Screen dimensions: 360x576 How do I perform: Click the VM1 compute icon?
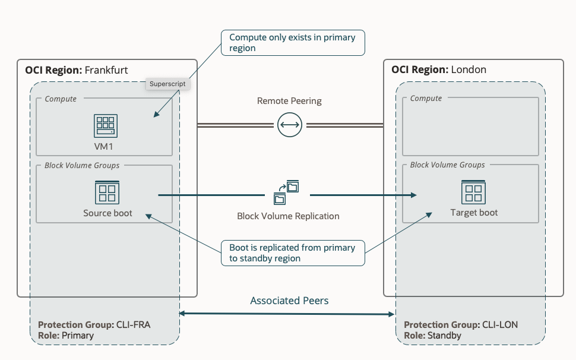106,126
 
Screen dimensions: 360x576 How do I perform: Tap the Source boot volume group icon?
107,192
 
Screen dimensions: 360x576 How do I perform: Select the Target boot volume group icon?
474,192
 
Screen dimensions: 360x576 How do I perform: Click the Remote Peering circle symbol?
289,125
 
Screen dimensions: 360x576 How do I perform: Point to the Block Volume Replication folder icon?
286,192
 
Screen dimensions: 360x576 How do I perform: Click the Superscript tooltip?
167,84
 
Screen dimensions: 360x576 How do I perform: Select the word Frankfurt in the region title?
106,70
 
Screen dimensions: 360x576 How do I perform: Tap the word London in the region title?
469,70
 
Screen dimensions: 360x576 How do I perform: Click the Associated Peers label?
289,301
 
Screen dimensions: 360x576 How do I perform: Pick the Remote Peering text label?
289,101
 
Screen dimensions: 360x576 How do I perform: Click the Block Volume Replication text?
288,216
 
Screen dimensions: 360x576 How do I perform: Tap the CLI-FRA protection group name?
147,325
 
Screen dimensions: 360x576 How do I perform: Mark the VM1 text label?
106,146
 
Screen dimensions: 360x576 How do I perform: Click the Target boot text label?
474,213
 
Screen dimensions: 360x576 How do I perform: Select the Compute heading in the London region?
426,98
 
